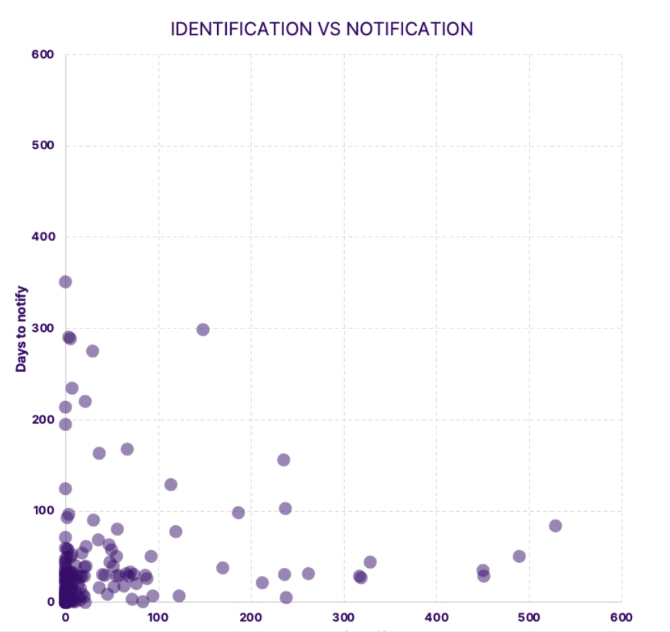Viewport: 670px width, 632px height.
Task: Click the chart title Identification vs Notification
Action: coord(322,29)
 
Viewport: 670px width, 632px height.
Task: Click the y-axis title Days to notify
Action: coord(21,328)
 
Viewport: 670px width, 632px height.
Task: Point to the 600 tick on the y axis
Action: coord(43,54)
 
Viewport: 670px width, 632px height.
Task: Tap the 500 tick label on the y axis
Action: coord(43,146)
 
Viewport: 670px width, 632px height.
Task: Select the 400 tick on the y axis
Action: coord(43,237)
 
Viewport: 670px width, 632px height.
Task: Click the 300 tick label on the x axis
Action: coord(343,617)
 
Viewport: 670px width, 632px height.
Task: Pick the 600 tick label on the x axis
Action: coord(621,617)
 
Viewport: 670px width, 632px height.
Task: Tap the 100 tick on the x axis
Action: coord(158,617)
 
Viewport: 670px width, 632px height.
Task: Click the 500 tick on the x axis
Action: coord(529,617)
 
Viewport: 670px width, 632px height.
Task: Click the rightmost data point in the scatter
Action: coord(555,526)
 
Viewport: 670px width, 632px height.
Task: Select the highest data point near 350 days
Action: coord(65,282)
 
